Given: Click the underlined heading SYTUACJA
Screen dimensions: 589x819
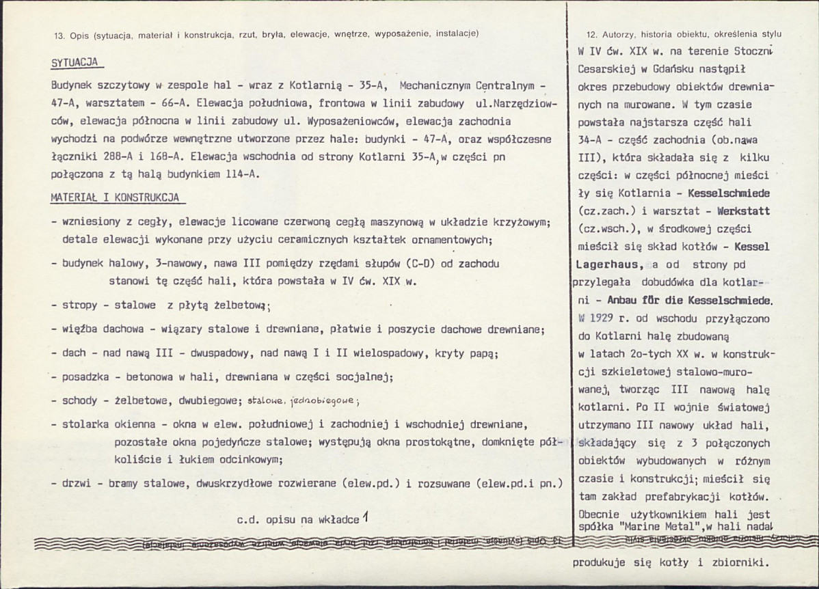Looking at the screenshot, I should (75, 62).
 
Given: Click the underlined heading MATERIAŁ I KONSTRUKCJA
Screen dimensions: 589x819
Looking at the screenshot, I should (114, 197).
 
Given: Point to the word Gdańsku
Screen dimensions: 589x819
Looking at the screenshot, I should (684, 69).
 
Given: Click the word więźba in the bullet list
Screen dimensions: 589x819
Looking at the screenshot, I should (82, 331).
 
